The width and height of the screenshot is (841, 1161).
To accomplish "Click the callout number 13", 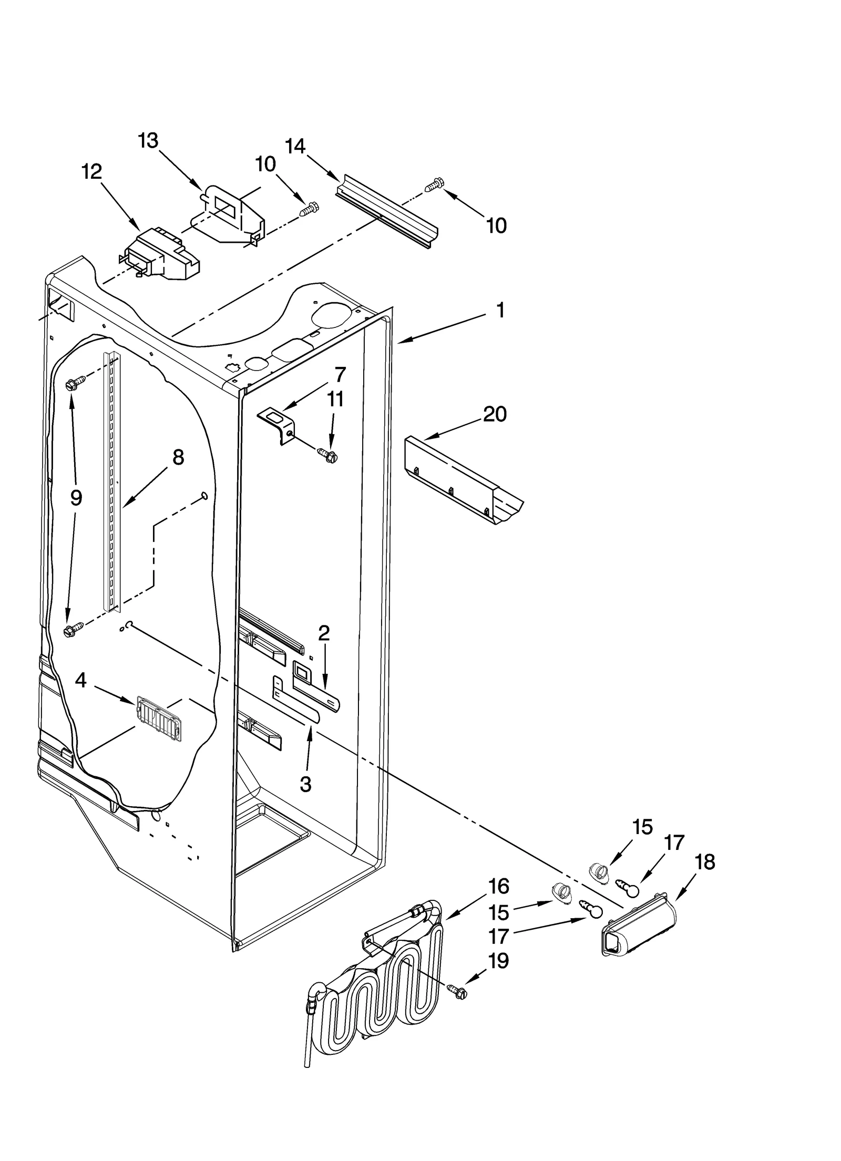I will coord(148,141).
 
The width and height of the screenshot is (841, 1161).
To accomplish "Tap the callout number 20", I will coord(494,414).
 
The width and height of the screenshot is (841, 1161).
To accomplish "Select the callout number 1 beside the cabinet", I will coord(500,310).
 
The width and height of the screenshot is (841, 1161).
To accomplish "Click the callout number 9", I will coord(76,497).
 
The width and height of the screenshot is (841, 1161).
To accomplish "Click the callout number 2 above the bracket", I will coord(324,633).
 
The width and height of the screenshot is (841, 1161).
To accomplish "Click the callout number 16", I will coord(498,887).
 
